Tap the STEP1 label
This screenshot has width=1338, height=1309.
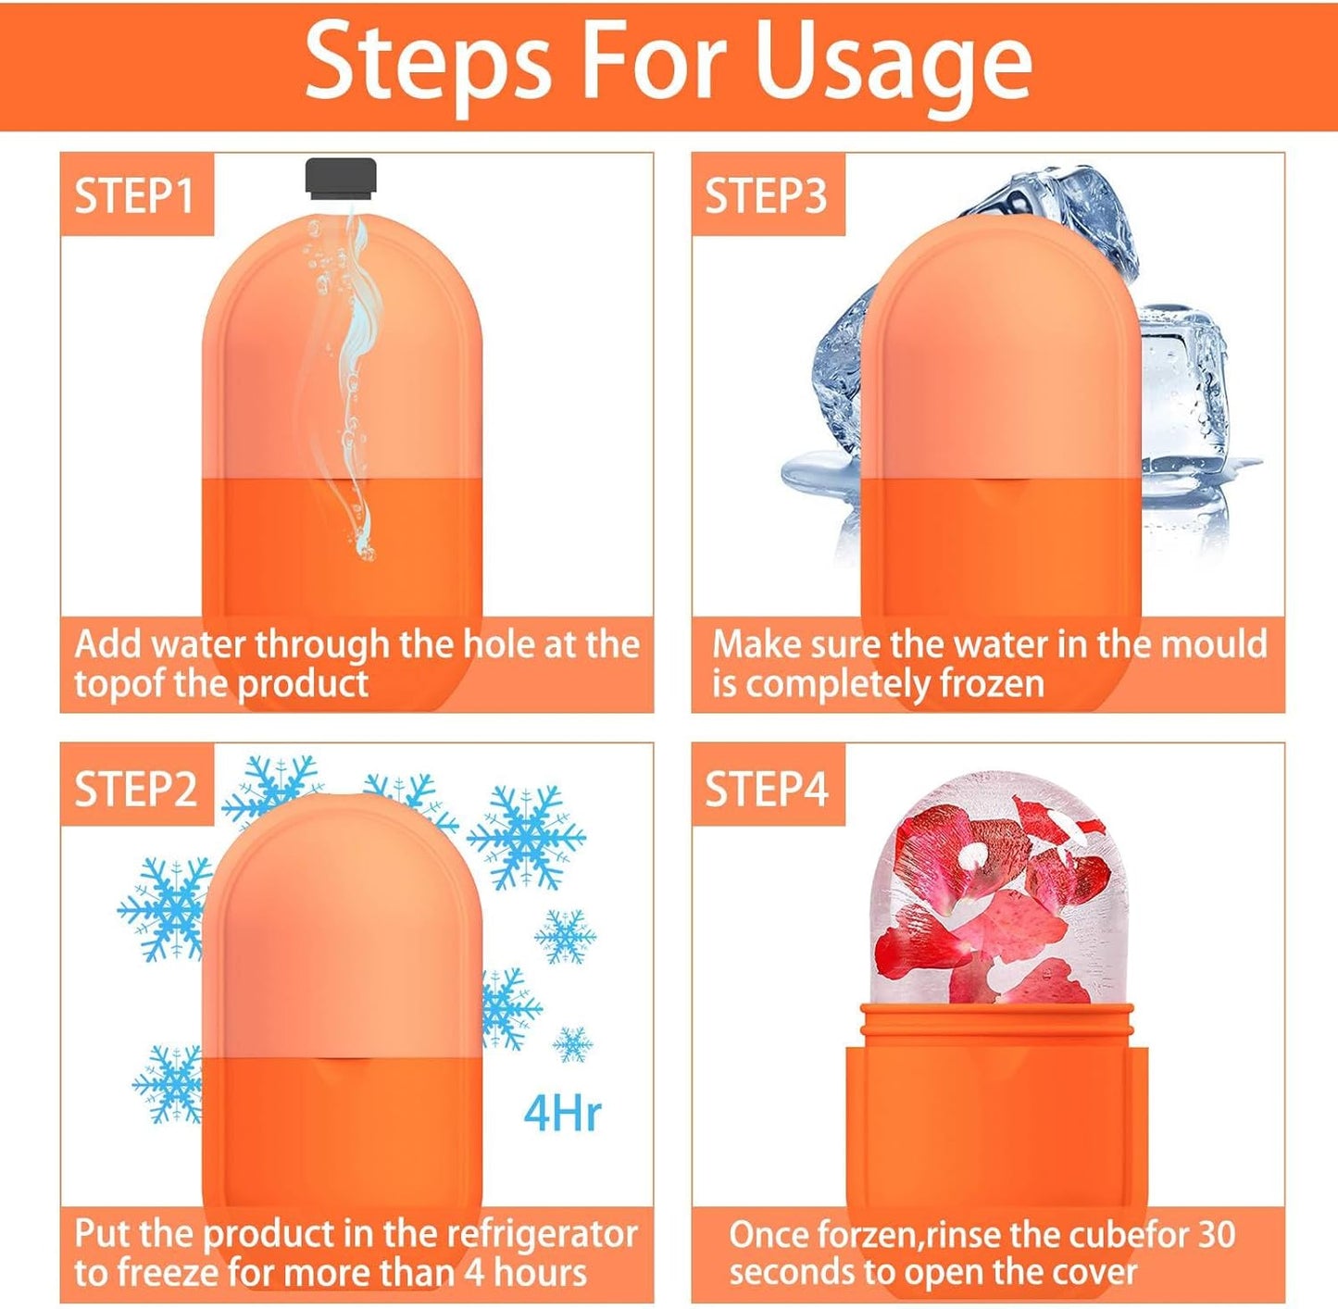pyautogui.click(x=135, y=195)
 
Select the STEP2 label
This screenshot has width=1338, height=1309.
pyautogui.click(x=136, y=789)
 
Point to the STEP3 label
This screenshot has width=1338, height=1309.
pyautogui.click(x=767, y=195)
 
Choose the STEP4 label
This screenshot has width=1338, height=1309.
pyautogui.click(x=767, y=789)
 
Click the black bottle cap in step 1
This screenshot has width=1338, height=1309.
pyautogui.click(x=341, y=178)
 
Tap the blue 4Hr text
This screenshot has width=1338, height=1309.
pyautogui.click(x=562, y=1113)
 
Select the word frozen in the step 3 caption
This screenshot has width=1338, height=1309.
pyautogui.click(x=992, y=684)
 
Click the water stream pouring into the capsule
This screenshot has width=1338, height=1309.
pyautogui.click(x=356, y=370)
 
